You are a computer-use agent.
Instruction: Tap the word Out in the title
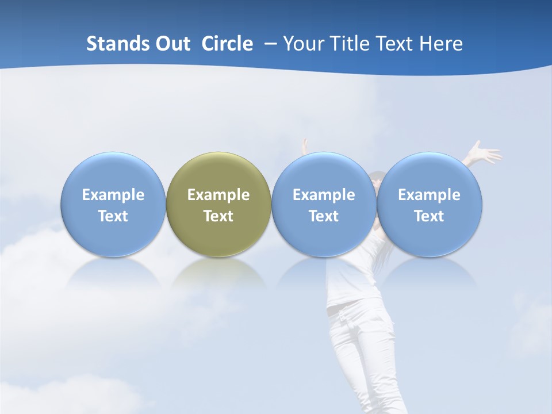(x=171, y=44)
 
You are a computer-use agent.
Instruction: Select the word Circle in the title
(x=227, y=44)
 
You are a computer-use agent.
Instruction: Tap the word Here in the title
(x=442, y=44)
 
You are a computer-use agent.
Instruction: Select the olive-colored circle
(x=218, y=172)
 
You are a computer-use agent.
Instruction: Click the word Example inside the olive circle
(x=218, y=195)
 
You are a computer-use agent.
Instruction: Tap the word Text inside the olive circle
(x=218, y=216)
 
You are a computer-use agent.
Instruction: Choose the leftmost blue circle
(x=113, y=172)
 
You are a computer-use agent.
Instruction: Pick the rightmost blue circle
(x=430, y=172)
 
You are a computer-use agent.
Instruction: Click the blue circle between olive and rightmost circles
(x=324, y=172)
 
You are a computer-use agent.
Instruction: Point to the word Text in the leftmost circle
(x=113, y=216)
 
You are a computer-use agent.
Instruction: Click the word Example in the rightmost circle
(x=430, y=195)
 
